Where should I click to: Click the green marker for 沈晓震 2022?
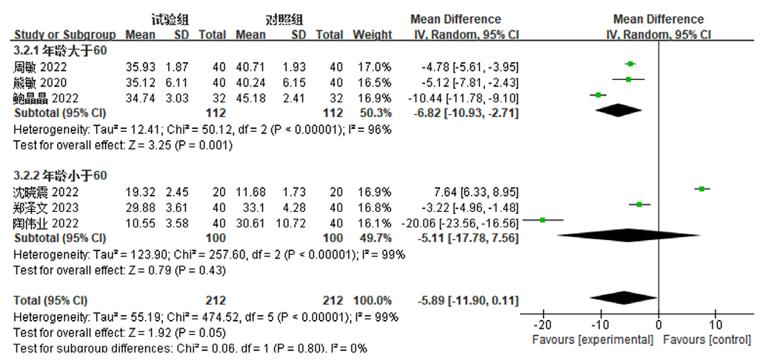[x=702, y=189]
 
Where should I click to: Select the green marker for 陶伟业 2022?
[x=542, y=220]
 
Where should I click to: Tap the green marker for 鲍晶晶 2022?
[x=598, y=95]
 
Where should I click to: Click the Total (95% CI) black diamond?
[x=623, y=298]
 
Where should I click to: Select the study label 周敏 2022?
[x=40, y=67]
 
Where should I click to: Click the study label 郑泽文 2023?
[x=43, y=207]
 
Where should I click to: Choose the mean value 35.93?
[x=141, y=67]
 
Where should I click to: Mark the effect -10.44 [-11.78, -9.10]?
[x=463, y=98]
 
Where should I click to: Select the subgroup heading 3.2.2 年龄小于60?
[x=60, y=176]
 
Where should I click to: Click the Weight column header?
[x=373, y=35]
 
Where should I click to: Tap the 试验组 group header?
[x=169, y=19]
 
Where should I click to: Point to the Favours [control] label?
[x=707, y=339]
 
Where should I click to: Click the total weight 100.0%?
[x=373, y=300]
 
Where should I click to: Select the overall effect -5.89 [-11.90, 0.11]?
[x=467, y=300]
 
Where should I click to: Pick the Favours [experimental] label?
[x=593, y=339]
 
